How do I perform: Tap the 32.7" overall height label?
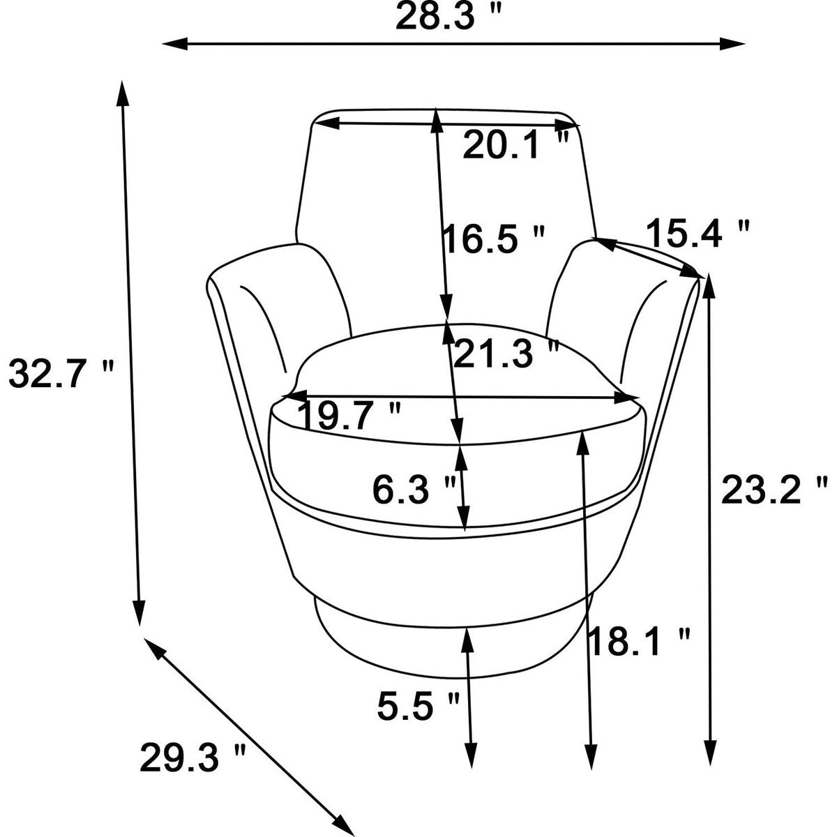pyautogui.click(x=61, y=374)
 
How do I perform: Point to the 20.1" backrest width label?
pyautogui.click(x=515, y=144)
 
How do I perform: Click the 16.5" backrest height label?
pyautogui.click(x=494, y=239)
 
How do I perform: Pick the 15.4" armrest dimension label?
pyautogui.click(x=698, y=233)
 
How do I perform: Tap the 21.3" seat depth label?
pyautogui.click(x=505, y=354)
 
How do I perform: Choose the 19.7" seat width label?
pyautogui.click(x=349, y=416)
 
